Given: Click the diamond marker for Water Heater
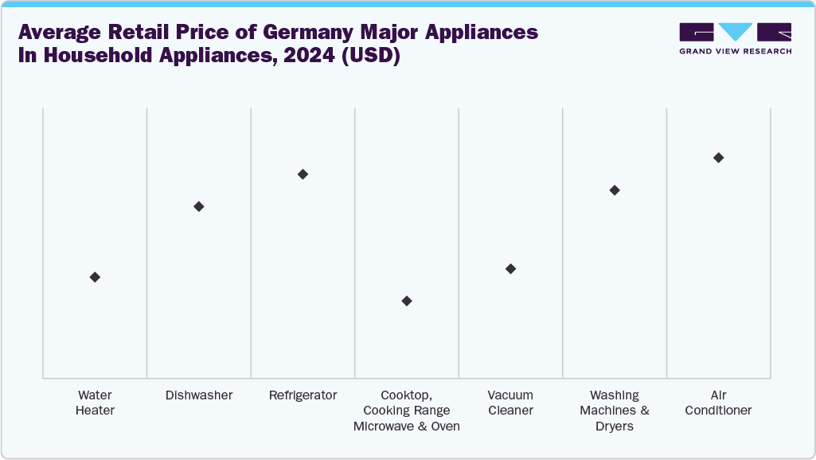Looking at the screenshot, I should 95,277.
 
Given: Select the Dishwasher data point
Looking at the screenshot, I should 199,206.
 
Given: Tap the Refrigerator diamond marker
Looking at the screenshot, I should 303,174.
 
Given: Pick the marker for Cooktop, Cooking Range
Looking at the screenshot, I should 407,301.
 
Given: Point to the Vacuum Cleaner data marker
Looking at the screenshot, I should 510,269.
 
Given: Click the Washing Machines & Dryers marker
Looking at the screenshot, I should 615,190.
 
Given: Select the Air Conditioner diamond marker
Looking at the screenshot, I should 718,158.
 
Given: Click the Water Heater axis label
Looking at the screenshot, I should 95,403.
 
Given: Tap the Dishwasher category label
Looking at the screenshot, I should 199,395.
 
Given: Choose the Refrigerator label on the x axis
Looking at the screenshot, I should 303,395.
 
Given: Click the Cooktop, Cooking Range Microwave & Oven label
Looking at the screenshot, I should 407,411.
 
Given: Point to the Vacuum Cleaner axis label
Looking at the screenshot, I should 510,403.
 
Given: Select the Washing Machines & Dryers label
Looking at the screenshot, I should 615,411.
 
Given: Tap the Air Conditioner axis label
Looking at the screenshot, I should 718,403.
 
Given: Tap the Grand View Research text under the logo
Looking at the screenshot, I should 735,51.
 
